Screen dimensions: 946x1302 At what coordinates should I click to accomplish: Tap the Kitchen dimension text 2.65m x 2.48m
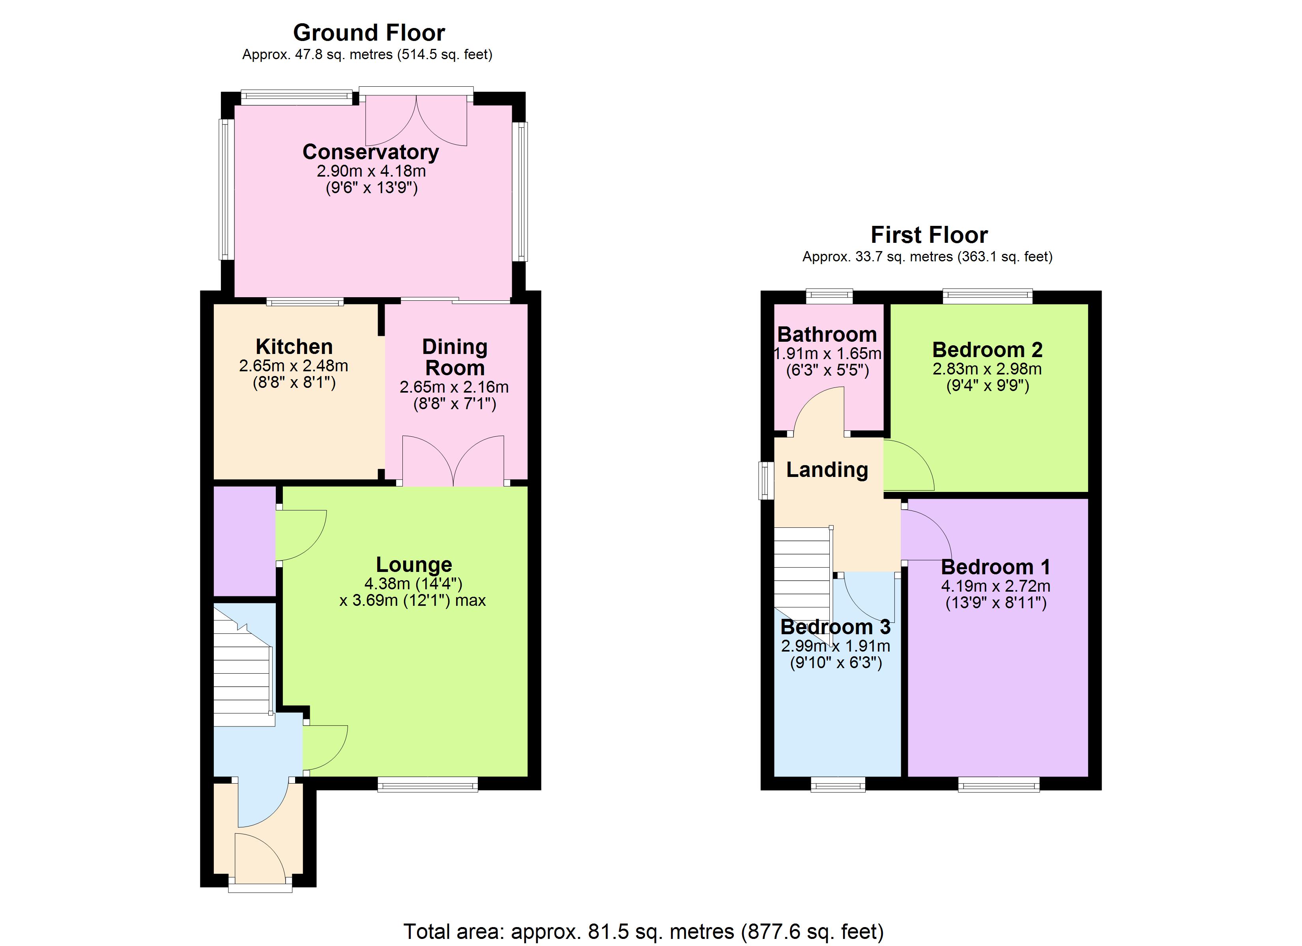294,365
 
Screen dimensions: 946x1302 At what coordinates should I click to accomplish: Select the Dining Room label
455,357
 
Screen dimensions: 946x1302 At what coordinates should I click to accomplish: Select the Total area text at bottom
643,931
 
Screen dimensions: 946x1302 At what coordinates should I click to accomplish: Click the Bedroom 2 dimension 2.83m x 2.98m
987,369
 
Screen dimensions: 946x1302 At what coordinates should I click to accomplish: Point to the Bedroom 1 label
995,567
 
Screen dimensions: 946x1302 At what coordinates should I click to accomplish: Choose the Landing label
827,469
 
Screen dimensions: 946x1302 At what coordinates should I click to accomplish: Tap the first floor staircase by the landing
802,568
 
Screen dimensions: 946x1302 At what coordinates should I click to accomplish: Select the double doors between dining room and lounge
453,462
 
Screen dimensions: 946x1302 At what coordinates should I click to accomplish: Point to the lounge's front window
428,784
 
